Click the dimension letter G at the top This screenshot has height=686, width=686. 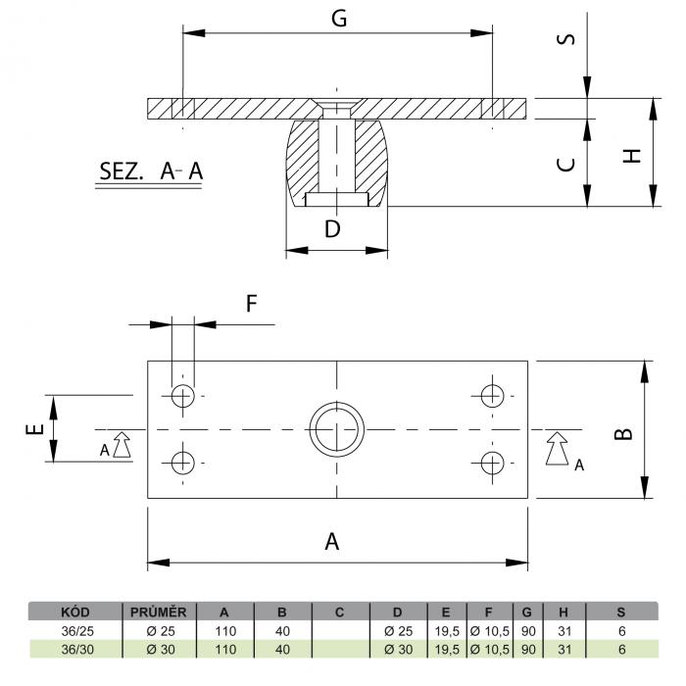[339, 19]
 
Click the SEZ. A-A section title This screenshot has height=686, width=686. [151, 171]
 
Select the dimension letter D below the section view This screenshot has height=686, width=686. [332, 228]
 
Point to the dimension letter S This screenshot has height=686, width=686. [565, 39]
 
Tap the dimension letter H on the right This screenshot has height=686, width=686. [631, 156]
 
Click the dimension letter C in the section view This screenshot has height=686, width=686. [565, 165]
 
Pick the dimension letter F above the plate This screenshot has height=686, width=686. [251, 304]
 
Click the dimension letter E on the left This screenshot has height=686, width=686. [35, 429]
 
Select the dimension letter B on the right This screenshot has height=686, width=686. [623, 433]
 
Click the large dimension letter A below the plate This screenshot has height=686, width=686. [332, 541]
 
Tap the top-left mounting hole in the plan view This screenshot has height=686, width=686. [183, 396]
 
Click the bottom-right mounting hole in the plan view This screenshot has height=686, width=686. [492, 463]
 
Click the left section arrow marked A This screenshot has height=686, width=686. [122, 445]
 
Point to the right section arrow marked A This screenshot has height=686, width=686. [557, 449]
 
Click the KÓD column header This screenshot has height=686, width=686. [75, 612]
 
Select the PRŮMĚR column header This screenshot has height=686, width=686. [159, 612]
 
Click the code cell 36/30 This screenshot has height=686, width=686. [77, 650]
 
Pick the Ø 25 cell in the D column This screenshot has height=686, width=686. [398, 631]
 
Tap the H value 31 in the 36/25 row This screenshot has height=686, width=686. [564, 631]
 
